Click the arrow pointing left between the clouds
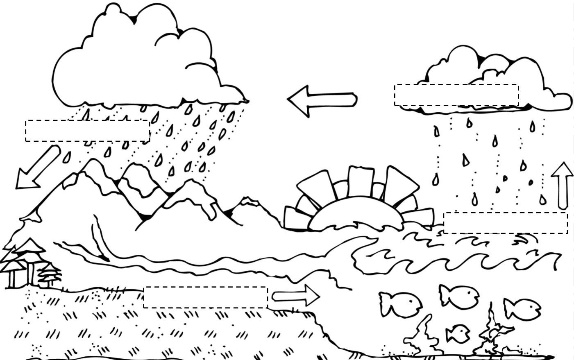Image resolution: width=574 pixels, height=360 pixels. [322, 100]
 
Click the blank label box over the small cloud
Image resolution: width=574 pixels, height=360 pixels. [456, 95]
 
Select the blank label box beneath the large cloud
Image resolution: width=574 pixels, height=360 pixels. [87, 131]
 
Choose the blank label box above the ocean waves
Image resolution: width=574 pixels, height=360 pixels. [506, 223]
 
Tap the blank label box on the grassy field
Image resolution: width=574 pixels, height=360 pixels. [205, 297]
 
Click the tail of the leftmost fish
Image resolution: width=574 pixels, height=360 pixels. [384, 304]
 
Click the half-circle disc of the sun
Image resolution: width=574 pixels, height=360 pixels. [354, 213]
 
